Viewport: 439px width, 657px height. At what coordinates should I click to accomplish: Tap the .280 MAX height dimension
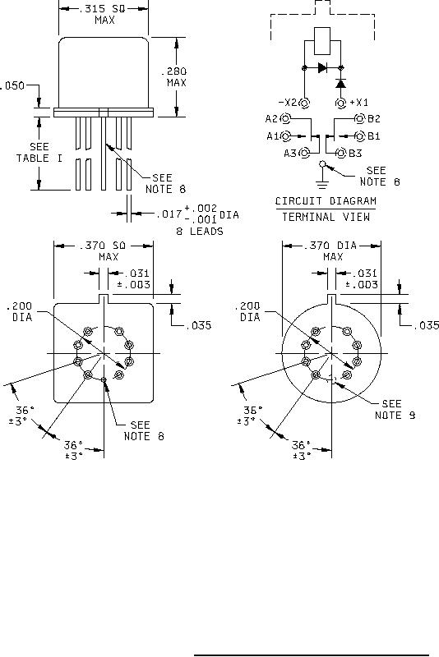click(174, 77)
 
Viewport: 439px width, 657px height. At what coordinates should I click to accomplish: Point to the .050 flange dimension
click(12, 86)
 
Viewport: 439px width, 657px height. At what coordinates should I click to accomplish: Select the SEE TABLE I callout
click(39, 153)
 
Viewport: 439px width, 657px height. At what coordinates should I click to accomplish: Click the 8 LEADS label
click(200, 231)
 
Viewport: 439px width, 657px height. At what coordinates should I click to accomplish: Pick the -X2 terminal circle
click(305, 102)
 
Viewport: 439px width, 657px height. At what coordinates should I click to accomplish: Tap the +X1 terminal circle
click(341, 102)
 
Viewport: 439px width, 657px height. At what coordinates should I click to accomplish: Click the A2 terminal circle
click(285, 118)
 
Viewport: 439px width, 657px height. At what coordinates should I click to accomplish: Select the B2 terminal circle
click(359, 118)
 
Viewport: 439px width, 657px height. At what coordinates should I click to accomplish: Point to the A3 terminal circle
click(305, 153)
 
